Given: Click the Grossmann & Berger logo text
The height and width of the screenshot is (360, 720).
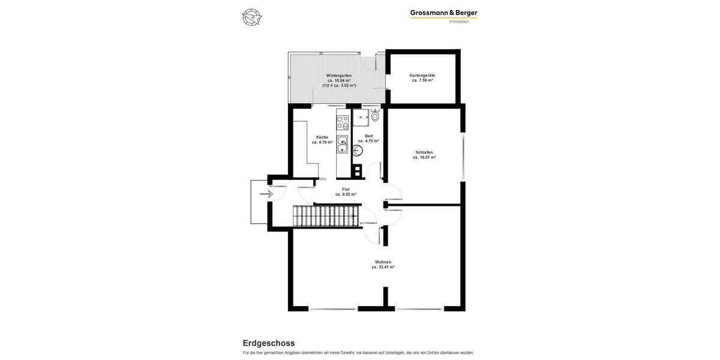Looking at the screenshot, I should pyautogui.click(x=443, y=13).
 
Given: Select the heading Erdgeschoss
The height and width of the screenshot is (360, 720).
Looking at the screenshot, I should pyautogui.click(x=268, y=343).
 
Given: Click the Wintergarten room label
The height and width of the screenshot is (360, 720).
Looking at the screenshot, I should pyautogui.click(x=339, y=76).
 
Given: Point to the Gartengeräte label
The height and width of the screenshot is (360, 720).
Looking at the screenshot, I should pyautogui.click(x=422, y=76).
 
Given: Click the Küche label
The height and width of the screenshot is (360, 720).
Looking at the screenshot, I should pyautogui.click(x=322, y=137).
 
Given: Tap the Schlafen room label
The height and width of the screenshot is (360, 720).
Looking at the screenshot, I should pyautogui.click(x=424, y=152).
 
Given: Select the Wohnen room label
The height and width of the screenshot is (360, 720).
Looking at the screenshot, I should pyautogui.click(x=383, y=262).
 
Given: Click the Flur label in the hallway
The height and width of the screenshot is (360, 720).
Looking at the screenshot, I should pyautogui.click(x=346, y=190).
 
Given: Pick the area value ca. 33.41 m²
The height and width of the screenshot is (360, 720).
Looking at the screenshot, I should pyautogui.click(x=383, y=267).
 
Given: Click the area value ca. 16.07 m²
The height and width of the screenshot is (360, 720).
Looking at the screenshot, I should pyautogui.click(x=424, y=157).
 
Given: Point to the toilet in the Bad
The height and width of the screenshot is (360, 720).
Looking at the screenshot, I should pyautogui.click(x=375, y=116).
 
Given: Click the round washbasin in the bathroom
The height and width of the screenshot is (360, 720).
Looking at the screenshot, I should pyautogui.click(x=358, y=151).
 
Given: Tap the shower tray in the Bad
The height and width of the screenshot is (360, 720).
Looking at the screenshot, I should pyautogui.click(x=361, y=118).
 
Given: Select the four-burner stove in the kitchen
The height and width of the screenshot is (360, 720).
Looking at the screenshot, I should pyautogui.click(x=342, y=122).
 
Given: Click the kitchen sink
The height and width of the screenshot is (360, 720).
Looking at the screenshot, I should pyautogui.click(x=342, y=145).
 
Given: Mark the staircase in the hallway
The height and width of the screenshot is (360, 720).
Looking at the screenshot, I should pyautogui.click(x=326, y=215).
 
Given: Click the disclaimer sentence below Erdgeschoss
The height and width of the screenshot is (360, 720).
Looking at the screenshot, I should pyautogui.click(x=358, y=353).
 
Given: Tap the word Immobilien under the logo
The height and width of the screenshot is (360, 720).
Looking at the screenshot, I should pyautogui.click(x=458, y=22).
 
